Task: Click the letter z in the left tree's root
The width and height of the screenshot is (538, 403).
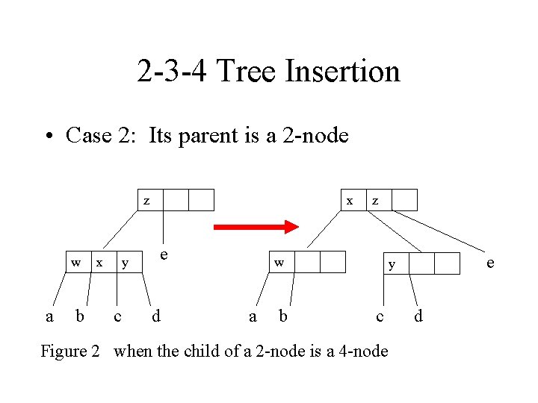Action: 146,200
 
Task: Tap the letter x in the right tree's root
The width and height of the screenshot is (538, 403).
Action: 350,200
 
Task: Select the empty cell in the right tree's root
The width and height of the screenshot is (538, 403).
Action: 404,200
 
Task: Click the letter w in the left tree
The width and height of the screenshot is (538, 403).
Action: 75,263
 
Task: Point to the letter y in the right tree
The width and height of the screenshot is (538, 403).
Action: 392,263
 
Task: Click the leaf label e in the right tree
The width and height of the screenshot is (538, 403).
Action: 490,263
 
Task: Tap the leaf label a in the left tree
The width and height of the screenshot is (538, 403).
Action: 49,316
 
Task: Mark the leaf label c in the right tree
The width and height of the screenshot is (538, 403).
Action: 380,316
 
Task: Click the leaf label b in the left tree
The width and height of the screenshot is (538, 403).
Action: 80,316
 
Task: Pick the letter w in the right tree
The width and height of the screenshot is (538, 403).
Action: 279,263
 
